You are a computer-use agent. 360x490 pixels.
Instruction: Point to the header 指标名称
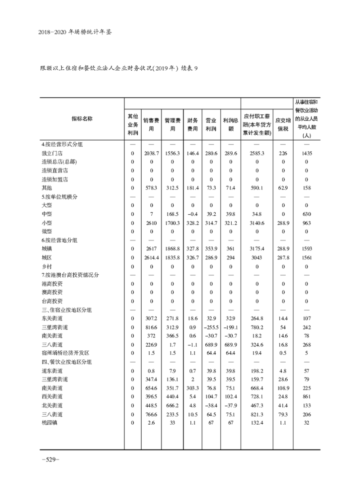point(82,118)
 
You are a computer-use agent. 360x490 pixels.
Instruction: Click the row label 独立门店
point(50,153)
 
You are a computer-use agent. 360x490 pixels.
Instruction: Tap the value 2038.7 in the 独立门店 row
point(152,153)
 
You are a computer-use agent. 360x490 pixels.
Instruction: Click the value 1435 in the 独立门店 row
point(307,153)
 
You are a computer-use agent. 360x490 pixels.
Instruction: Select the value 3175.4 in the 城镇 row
point(257,249)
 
